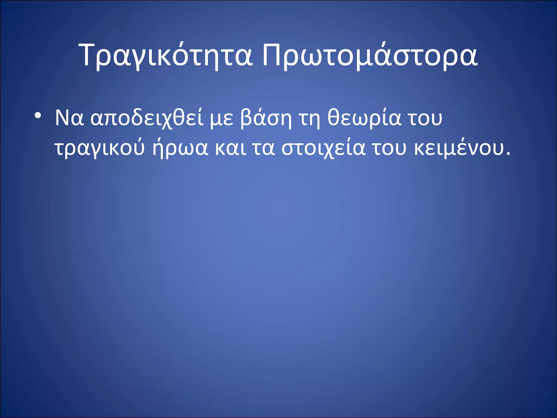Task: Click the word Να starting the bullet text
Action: pos(69,118)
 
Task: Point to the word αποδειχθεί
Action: pos(147,119)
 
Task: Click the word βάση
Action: pos(266,118)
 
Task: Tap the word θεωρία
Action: pos(364,118)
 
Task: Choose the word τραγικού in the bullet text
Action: pos(99,149)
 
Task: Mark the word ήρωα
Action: pos(180,149)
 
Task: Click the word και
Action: pos(231,149)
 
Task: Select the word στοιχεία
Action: pos(323,149)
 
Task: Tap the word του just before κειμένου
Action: pos(389,149)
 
